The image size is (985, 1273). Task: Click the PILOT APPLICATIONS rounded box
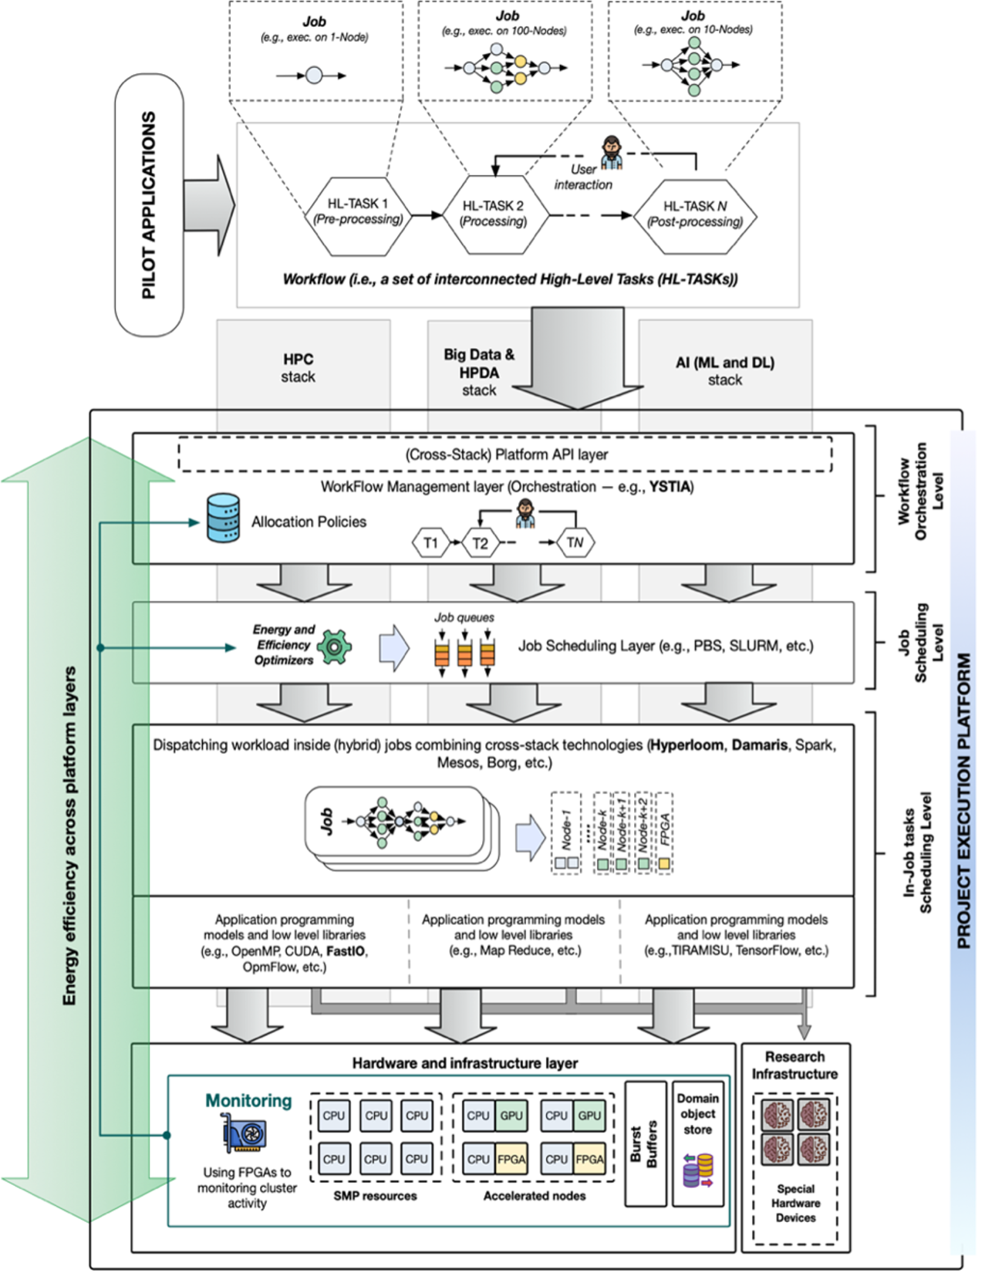coord(149,205)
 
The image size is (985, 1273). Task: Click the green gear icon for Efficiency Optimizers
coord(335,646)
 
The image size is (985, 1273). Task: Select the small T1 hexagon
coord(430,543)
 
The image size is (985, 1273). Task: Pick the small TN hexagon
coord(575,543)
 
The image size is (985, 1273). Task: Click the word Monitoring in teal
coord(248,1101)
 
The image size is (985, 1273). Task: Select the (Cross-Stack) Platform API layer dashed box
coord(505,454)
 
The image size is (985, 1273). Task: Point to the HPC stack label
coord(298,368)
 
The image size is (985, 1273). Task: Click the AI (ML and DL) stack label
coord(724,371)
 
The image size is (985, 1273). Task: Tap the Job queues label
coord(464,617)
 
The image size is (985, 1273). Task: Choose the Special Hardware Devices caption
coord(795,1203)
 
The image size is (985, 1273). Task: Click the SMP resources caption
coord(375,1196)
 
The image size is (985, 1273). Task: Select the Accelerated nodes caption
coord(534,1196)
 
